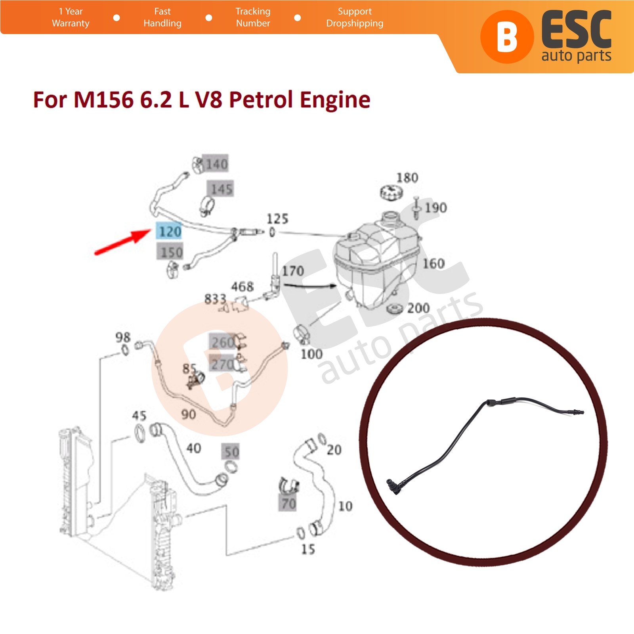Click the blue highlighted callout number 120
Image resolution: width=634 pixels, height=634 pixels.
click(x=170, y=231)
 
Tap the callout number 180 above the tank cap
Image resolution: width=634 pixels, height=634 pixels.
click(x=407, y=178)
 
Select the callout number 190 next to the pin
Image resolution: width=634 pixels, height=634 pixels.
click(x=436, y=208)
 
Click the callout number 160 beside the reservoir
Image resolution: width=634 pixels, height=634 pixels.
click(x=433, y=264)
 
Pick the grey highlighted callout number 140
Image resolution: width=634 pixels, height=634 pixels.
click(x=216, y=164)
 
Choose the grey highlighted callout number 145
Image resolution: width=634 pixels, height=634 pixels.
click(x=221, y=189)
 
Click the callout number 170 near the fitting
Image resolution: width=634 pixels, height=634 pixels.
click(x=293, y=271)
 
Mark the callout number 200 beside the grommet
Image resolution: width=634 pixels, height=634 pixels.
click(x=418, y=308)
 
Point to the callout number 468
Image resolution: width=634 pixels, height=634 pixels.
click(x=242, y=286)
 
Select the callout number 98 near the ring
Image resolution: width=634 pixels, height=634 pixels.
click(x=123, y=337)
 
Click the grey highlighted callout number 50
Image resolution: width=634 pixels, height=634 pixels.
click(x=232, y=452)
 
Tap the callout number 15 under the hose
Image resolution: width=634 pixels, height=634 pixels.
click(x=308, y=549)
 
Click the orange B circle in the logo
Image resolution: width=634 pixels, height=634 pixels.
click(x=507, y=37)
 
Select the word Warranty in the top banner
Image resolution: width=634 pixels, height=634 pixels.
click(x=71, y=23)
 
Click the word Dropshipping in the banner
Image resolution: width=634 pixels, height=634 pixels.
click(x=355, y=23)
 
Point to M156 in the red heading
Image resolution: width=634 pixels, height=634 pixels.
click(x=103, y=99)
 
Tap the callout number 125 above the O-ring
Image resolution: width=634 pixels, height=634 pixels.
click(x=277, y=219)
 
